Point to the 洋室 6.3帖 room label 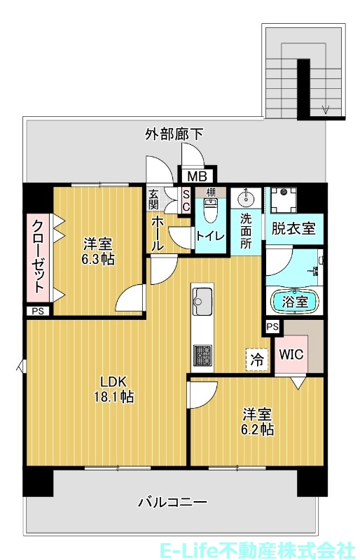point(99,251)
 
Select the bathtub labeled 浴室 point(295,302)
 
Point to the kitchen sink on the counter point(202,300)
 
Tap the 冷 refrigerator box point(257,360)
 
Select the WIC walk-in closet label point(291,354)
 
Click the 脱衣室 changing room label point(293,228)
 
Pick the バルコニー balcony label point(172,501)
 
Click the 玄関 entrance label point(153,199)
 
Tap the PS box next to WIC point(272,326)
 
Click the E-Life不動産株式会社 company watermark point(276,547)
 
